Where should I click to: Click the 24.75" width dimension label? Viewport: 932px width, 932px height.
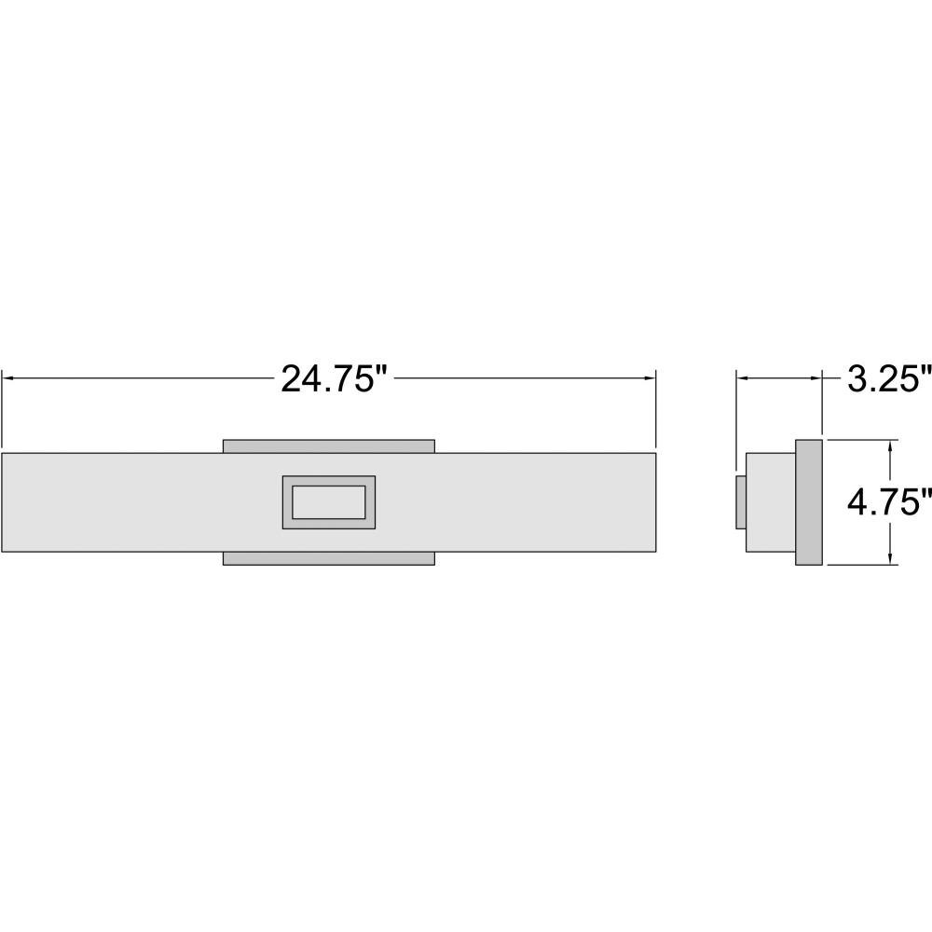(x=334, y=378)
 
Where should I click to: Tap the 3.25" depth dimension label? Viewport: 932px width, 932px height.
(x=889, y=378)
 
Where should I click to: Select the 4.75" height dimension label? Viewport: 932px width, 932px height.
(x=889, y=503)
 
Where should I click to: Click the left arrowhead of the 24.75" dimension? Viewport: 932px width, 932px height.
(x=8, y=377)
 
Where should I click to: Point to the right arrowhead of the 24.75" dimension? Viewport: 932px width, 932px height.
(x=649, y=377)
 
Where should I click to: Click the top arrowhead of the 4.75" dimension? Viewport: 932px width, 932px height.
(x=890, y=447)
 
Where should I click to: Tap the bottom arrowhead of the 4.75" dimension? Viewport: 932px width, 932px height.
(x=890, y=557)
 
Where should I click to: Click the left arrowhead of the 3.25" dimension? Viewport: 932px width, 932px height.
(x=744, y=377)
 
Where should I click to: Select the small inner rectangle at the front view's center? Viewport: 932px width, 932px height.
(x=329, y=502)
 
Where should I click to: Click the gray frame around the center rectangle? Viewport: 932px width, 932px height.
(x=287, y=502)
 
